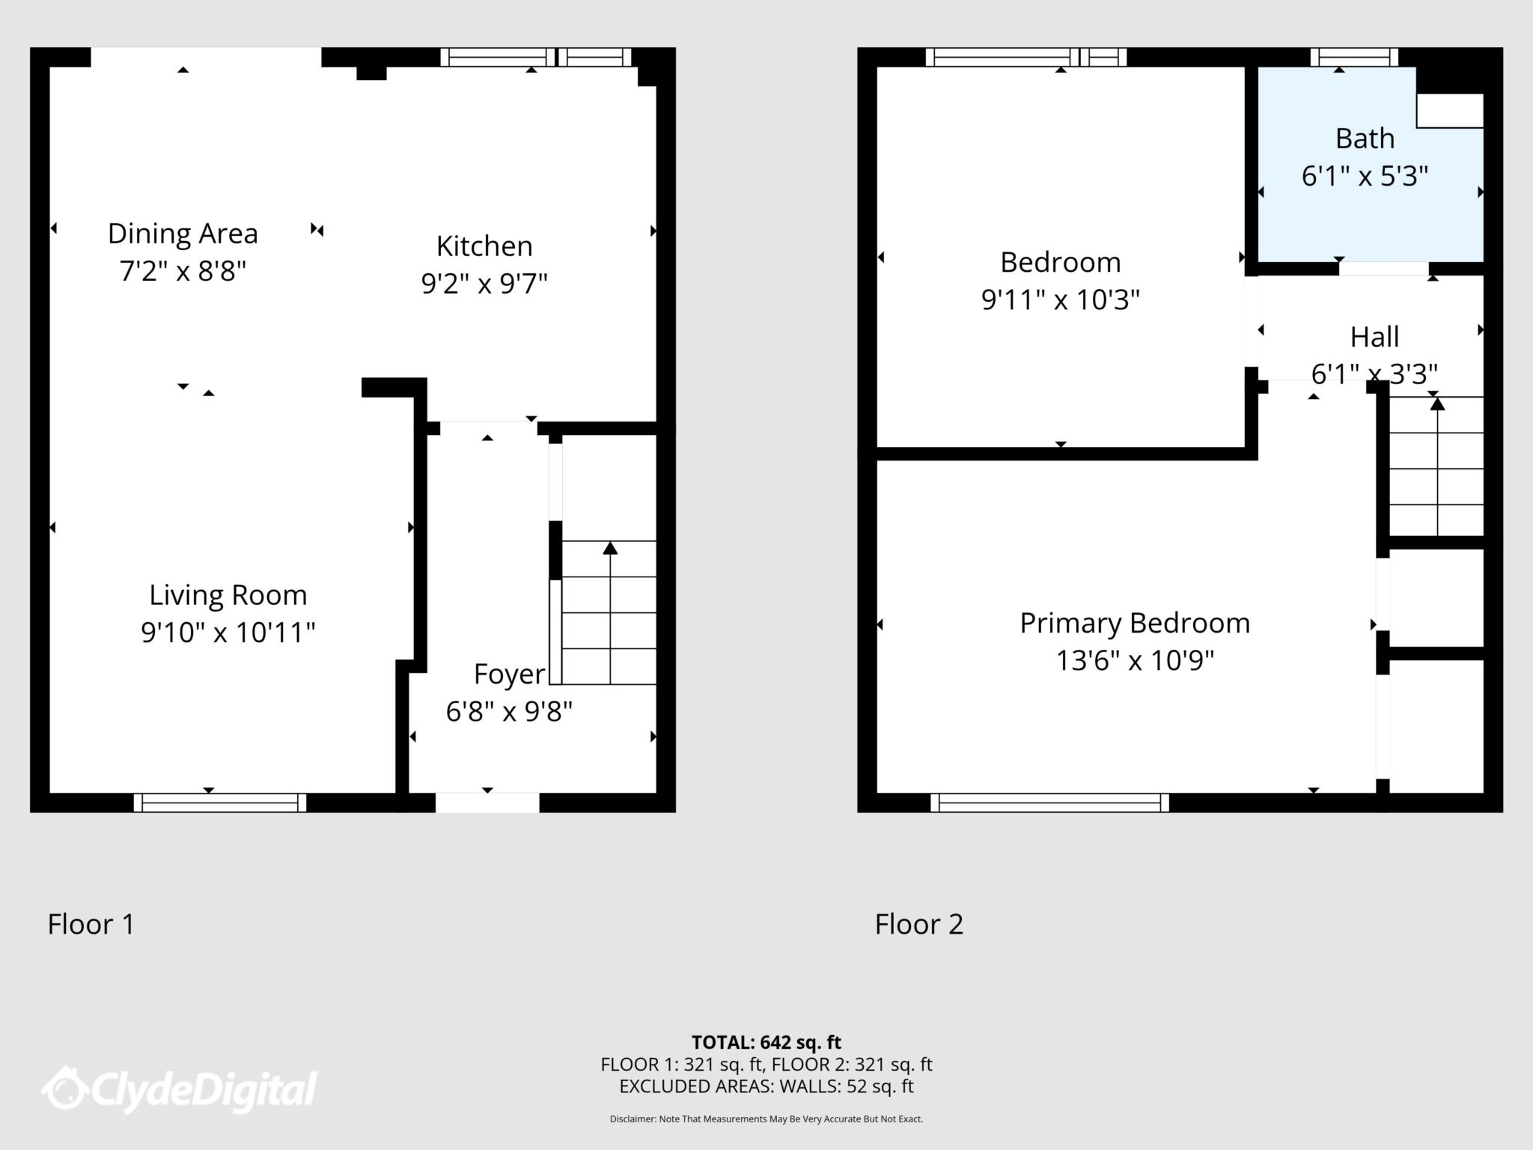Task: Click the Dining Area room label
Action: click(x=183, y=234)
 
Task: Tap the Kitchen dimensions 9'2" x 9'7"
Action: click(x=484, y=284)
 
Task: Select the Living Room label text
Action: click(x=228, y=595)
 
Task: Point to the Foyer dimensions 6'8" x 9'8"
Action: click(x=509, y=711)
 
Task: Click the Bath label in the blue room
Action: click(x=1365, y=139)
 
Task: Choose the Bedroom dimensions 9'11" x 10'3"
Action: click(x=1061, y=300)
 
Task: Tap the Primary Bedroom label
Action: click(x=1135, y=623)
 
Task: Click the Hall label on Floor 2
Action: click(x=1374, y=337)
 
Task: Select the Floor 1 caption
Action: click(x=91, y=924)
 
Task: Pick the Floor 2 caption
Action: click(x=919, y=924)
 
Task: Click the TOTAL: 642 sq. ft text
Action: click(x=766, y=1042)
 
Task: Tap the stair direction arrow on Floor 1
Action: click(x=610, y=612)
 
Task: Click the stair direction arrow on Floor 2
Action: click(x=1437, y=466)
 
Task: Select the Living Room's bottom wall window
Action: click(x=220, y=803)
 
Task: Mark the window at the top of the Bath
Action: click(x=1354, y=58)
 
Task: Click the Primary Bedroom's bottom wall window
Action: click(x=1049, y=803)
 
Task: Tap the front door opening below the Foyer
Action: click(x=487, y=803)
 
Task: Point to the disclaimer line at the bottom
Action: click(x=766, y=1119)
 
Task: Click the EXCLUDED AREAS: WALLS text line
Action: click(x=766, y=1086)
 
